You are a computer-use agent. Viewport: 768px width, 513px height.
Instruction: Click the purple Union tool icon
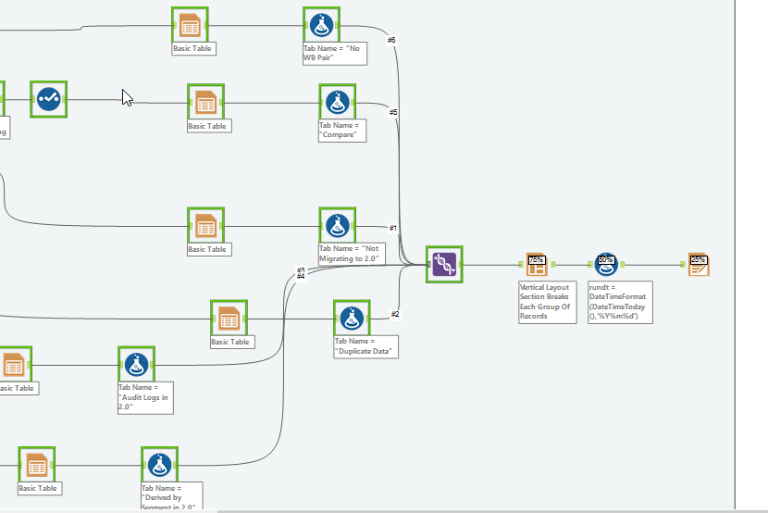(444, 264)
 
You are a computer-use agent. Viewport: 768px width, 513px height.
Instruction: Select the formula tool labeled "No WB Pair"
(321, 25)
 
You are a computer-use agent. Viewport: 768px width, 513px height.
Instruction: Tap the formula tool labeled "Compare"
(338, 101)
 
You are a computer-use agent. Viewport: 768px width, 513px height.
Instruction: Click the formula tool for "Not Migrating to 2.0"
(338, 225)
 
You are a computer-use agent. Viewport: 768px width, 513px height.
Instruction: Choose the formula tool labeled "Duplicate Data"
(352, 318)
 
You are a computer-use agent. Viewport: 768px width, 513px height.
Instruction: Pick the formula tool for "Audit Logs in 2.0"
(136, 364)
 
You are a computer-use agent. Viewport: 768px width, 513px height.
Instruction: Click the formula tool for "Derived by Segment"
(159, 464)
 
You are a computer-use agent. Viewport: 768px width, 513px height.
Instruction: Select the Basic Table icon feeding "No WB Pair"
(190, 25)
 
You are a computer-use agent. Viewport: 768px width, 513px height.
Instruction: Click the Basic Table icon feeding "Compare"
(205, 102)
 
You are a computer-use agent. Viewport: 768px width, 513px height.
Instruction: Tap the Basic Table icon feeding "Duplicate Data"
(229, 319)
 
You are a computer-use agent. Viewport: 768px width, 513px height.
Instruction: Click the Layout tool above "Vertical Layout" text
(537, 265)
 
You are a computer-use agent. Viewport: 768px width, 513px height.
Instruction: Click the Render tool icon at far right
(698, 265)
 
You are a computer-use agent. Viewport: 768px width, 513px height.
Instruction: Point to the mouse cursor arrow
(127, 96)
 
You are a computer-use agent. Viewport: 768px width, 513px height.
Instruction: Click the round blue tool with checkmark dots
(48, 99)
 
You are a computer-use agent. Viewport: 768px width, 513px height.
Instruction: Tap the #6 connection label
(391, 40)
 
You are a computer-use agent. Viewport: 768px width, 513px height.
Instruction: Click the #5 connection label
(393, 112)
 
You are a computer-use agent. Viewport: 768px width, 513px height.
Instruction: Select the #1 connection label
(392, 228)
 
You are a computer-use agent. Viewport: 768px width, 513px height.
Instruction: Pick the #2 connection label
(394, 314)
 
